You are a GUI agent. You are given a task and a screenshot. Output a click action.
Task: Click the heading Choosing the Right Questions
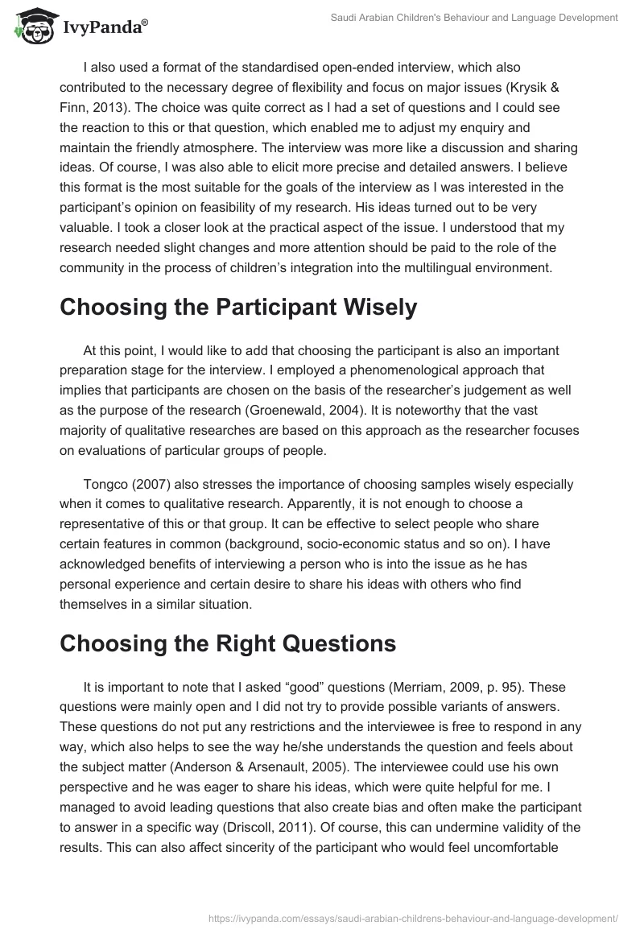(x=228, y=644)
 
